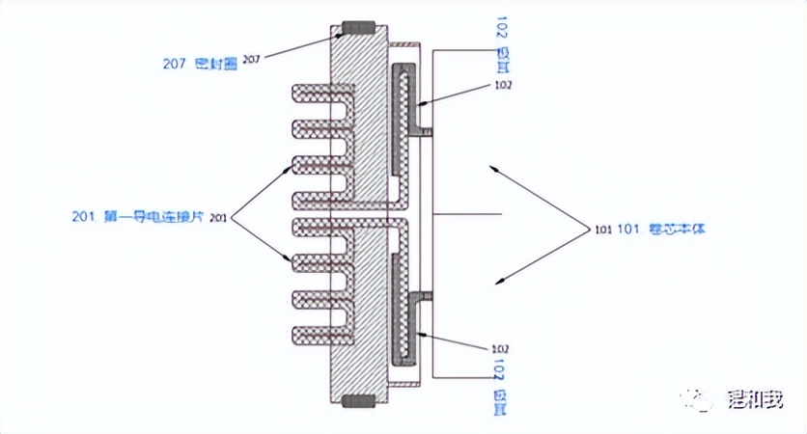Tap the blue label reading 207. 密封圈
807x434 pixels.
[x=199, y=63]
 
